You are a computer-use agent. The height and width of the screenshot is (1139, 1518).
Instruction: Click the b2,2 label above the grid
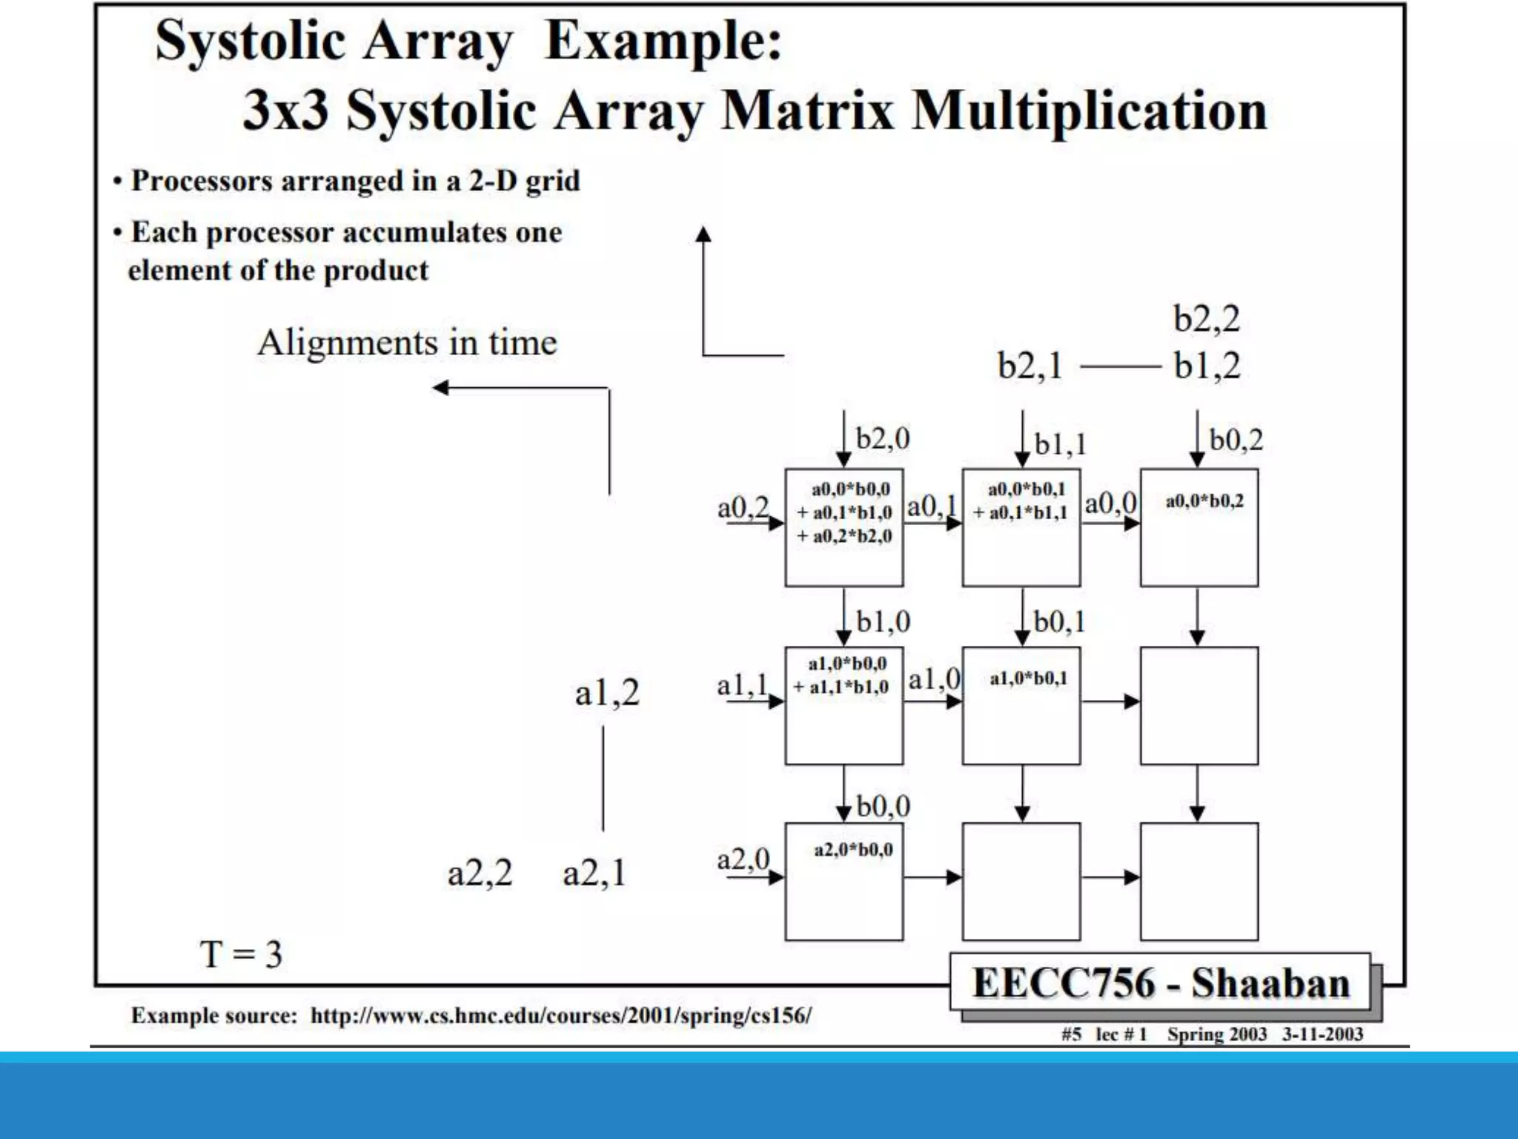pyautogui.click(x=1206, y=319)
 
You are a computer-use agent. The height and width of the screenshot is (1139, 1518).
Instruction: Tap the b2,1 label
pyautogui.click(x=1030, y=366)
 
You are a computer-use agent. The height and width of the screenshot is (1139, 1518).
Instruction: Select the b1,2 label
pyautogui.click(x=1207, y=366)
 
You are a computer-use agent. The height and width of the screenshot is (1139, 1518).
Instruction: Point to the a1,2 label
pyautogui.click(x=607, y=693)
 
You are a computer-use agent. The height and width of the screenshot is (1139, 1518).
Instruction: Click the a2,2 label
pyautogui.click(x=480, y=873)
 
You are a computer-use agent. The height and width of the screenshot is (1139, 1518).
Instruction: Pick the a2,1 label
pyautogui.click(x=594, y=873)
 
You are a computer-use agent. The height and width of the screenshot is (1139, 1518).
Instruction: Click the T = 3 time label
pyautogui.click(x=241, y=954)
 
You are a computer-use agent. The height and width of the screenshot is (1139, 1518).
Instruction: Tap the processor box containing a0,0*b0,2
pyautogui.click(x=1199, y=527)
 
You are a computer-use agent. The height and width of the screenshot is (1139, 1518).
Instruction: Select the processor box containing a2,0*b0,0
pyautogui.click(x=843, y=882)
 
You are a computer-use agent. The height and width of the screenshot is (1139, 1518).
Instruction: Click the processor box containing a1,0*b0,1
pyautogui.click(x=1021, y=705)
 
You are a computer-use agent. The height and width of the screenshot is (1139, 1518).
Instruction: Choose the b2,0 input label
pyautogui.click(x=882, y=438)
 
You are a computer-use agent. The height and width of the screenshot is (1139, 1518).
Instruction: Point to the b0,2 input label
pyautogui.click(x=1236, y=440)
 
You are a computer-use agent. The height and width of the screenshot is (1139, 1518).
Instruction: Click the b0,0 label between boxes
pyautogui.click(x=883, y=806)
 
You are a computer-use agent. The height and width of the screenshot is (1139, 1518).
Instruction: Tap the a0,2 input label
pyautogui.click(x=742, y=508)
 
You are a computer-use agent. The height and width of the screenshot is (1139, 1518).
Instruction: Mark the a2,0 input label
pyautogui.click(x=743, y=859)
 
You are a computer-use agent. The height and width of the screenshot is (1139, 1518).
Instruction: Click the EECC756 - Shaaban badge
pyautogui.click(x=1160, y=983)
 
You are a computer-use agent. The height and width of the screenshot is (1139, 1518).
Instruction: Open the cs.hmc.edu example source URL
pyautogui.click(x=561, y=1015)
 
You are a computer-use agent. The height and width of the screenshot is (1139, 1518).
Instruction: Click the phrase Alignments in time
pyautogui.click(x=407, y=343)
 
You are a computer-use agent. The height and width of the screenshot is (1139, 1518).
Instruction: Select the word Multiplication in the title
pyautogui.click(x=1089, y=111)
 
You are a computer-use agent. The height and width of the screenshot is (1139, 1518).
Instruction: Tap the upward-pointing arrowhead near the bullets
pyautogui.click(x=703, y=234)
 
